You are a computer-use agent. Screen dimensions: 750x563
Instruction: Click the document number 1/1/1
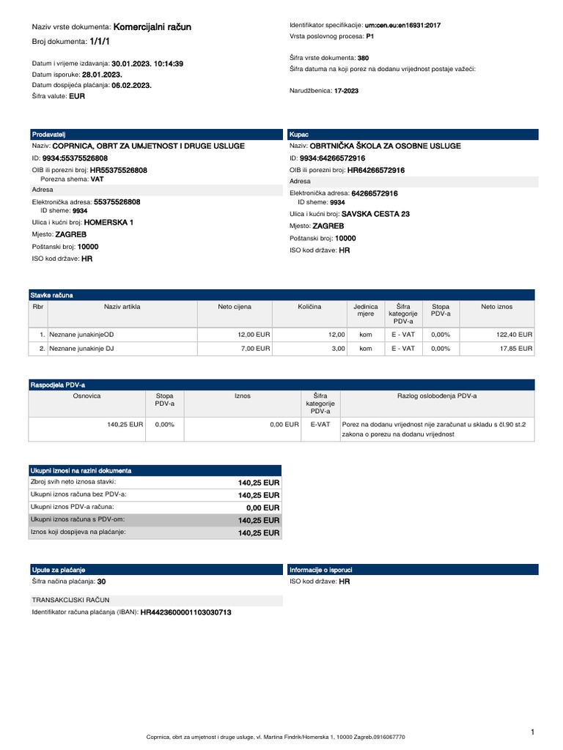point(99,42)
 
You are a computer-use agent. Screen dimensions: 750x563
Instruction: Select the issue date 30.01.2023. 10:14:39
point(147,64)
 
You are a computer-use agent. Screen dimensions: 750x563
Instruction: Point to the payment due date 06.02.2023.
point(131,85)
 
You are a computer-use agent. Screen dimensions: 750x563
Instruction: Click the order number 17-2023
point(347,90)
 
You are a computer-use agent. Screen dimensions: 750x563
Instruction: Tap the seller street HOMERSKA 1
point(108,221)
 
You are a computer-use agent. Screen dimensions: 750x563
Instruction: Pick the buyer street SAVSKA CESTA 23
point(375,214)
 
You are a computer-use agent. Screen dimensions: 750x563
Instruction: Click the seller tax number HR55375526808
point(118,170)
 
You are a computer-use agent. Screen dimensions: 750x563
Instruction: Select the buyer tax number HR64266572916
point(376,170)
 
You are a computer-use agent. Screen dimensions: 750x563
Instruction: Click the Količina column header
point(309,307)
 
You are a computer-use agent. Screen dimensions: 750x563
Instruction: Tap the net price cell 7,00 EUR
point(256,349)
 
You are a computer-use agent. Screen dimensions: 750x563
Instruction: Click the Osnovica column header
point(87,396)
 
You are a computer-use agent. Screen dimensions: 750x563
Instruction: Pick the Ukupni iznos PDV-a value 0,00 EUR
point(262,508)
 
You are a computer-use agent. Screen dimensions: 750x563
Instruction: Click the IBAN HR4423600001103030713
point(186,612)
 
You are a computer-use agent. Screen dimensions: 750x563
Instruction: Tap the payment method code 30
point(101,582)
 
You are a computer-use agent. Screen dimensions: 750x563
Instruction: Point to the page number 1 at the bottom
point(533,732)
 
